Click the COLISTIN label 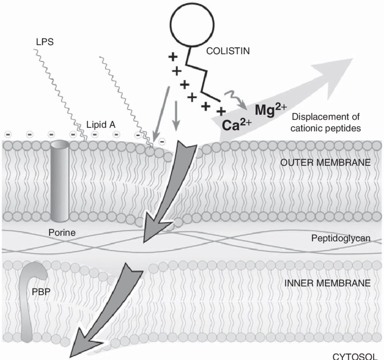pyautogui.click(x=228, y=51)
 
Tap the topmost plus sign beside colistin pyautogui.click(x=172, y=57)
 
